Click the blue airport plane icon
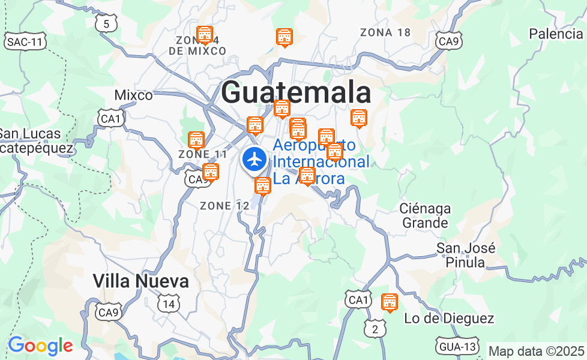point(256,160)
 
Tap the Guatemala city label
point(296,94)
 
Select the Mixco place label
point(133,95)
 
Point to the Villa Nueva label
point(140,281)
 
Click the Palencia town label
point(556,34)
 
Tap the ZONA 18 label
point(385,32)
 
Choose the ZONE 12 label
point(224,206)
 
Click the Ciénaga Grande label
point(425,215)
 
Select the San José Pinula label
point(466,255)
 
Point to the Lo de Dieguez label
point(449,319)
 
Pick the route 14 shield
point(169,304)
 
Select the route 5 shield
point(106,23)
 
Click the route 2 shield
point(375,328)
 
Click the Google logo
point(40,346)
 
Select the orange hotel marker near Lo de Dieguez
point(390,302)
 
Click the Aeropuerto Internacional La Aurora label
point(321,162)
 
